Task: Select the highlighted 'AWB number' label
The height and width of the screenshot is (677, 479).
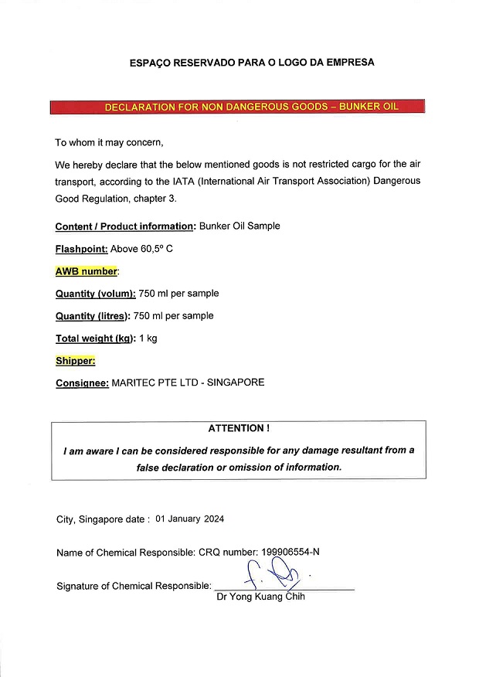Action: (x=87, y=271)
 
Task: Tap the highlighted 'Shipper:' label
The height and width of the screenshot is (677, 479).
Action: (x=75, y=360)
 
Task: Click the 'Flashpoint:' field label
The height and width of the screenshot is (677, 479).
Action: (x=81, y=249)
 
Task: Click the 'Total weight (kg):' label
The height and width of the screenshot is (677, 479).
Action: (x=95, y=338)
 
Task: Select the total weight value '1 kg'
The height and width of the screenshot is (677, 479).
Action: (x=148, y=338)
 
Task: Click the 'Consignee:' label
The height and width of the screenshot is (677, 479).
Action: (x=82, y=383)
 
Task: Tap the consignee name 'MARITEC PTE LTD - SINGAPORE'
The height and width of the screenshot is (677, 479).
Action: (x=188, y=383)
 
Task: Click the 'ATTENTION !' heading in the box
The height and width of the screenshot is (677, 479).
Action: (x=239, y=428)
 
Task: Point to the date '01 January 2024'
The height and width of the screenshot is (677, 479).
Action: (x=190, y=519)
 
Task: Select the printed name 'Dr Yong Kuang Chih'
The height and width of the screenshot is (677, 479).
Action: (x=261, y=597)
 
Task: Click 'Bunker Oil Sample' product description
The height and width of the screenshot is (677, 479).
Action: (x=239, y=226)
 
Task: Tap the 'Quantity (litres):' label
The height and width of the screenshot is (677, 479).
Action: (x=93, y=316)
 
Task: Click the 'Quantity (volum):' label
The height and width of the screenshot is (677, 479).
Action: (x=96, y=294)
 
